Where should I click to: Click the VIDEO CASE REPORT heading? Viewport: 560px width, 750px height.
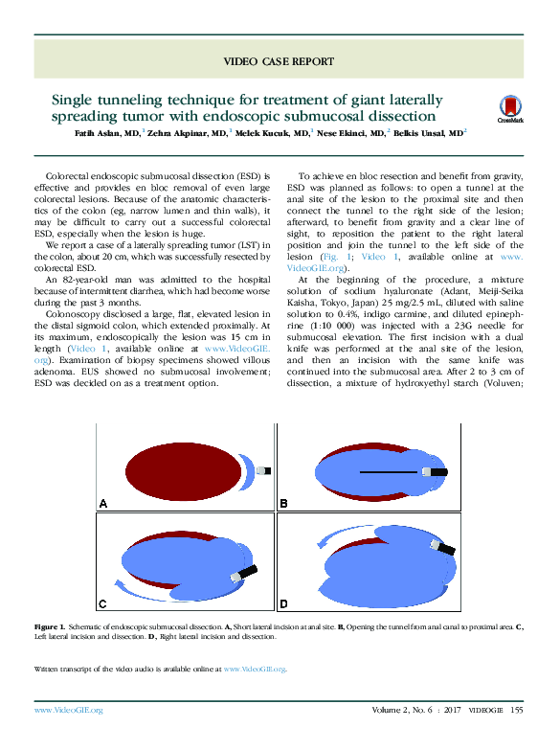pos(279,61)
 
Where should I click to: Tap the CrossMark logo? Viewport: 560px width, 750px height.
pos(510,111)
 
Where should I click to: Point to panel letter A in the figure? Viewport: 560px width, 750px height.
pos(103,503)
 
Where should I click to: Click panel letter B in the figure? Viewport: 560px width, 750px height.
pos(283,503)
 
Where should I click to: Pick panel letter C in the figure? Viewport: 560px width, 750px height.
pos(103,603)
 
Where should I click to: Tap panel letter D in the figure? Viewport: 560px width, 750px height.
pos(284,603)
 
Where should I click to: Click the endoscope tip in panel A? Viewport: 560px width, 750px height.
pos(262,470)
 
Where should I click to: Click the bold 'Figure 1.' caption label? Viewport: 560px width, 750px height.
pos(48,625)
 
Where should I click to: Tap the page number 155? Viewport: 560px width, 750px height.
pos(516,710)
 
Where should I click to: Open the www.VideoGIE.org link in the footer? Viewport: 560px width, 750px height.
pos(68,710)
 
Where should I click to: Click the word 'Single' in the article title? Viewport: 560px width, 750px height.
pos(78,100)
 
